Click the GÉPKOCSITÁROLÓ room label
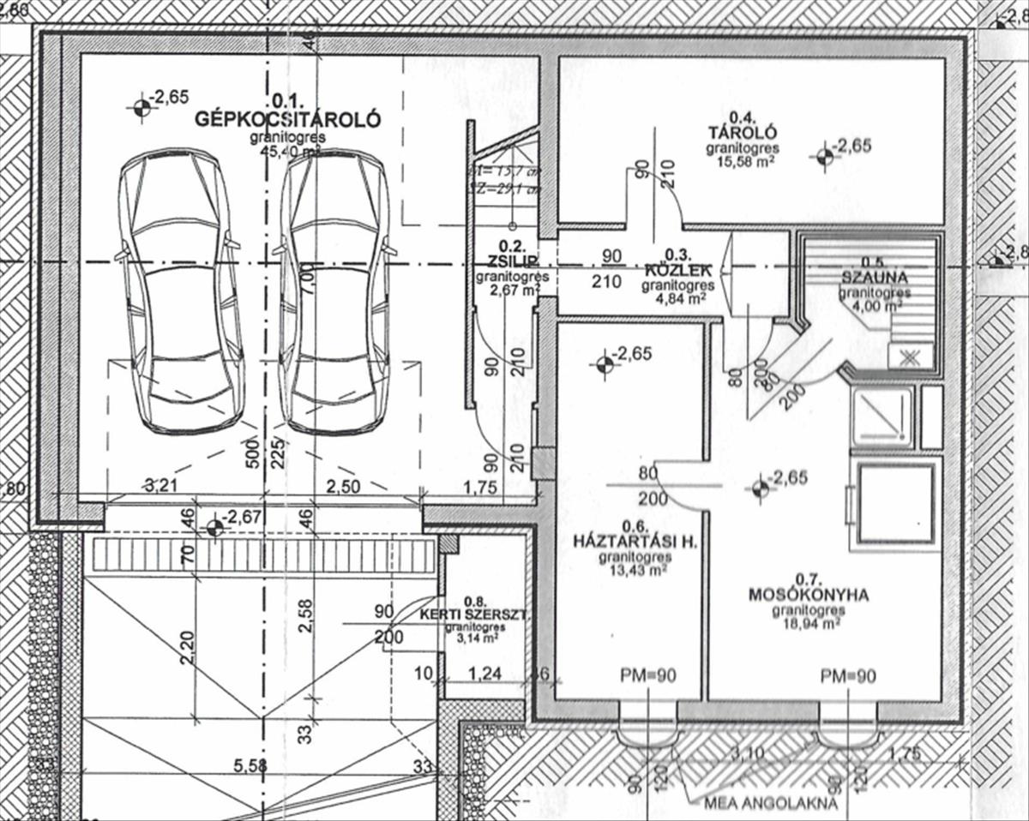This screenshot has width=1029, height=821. click(x=287, y=119)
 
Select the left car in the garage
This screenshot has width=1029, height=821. click(x=181, y=291)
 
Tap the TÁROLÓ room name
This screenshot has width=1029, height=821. click(x=742, y=133)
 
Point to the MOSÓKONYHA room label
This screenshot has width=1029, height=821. click(x=809, y=594)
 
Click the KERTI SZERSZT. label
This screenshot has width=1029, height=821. click(x=474, y=615)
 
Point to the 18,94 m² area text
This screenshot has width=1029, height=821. click(x=809, y=625)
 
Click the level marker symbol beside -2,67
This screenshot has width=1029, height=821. click(x=214, y=528)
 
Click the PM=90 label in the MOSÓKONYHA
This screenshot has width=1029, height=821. click(x=847, y=676)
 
